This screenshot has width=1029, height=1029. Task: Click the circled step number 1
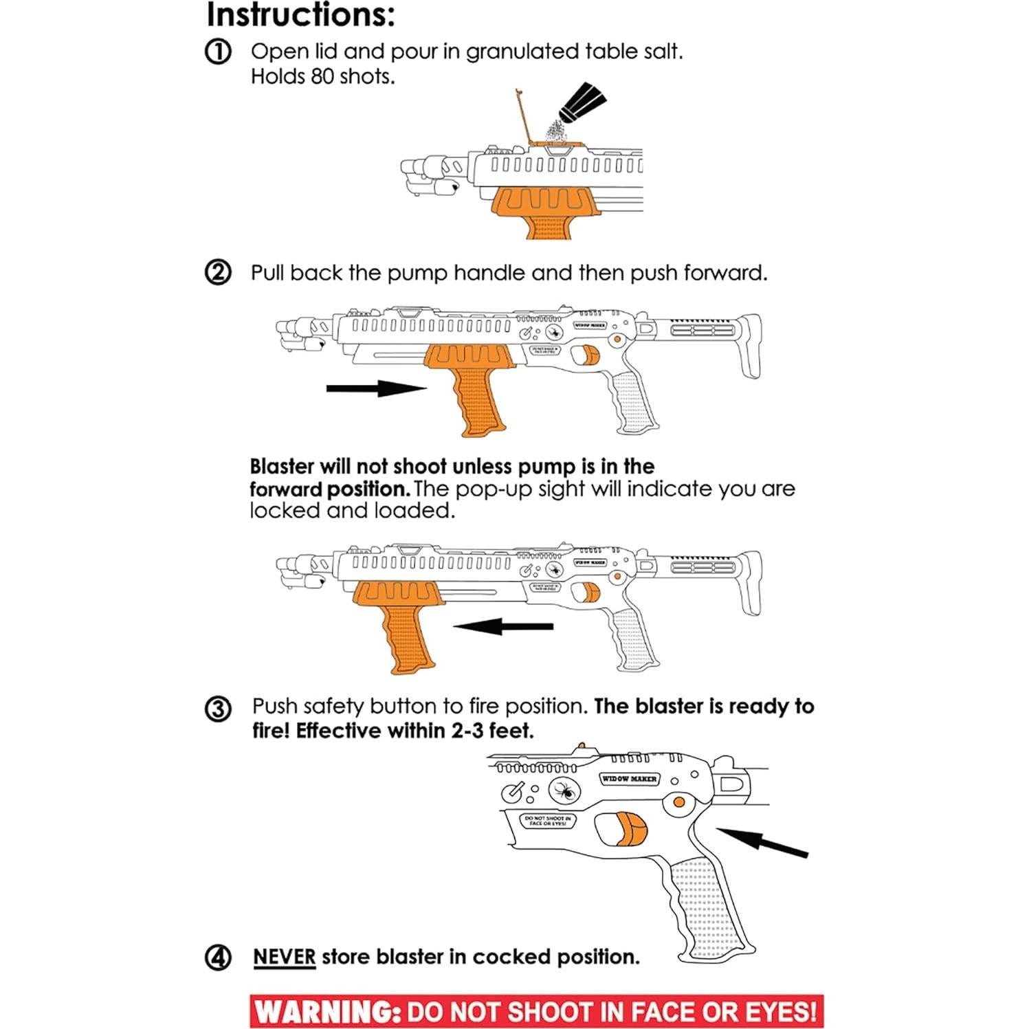pyautogui.click(x=218, y=52)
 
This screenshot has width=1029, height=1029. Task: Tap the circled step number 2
pyautogui.click(x=218, y=273)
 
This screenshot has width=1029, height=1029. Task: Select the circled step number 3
pyautogui.click(x=218, y=708)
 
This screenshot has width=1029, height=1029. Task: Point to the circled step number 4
pyautogui.click(x=218, y=957)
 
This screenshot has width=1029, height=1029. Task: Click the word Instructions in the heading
pyautogui.click(x=300, y=15)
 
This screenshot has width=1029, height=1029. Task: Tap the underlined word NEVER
pyautogui.click(x=284, y=957)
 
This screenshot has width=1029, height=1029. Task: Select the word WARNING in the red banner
pyautogui.click(x=327, y=1012)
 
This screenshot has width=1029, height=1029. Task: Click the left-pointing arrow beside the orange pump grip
pyautogui.click(x=504, y=626)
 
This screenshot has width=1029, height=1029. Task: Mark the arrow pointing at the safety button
pyautogui.click(x=763, y=843)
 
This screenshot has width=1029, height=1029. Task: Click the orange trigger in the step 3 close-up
pyautogui.click(x=631, y=828)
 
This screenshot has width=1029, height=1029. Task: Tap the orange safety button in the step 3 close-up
pyautogui.click(x=678, y=802)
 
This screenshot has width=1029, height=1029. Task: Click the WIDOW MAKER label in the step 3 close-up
pyautogui.click(x=629, y=779)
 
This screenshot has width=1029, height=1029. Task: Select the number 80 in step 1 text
pyautogui.click(x=322, y=76)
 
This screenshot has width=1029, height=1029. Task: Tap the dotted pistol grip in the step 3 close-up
pyautogui.click(x=705, y=907)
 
